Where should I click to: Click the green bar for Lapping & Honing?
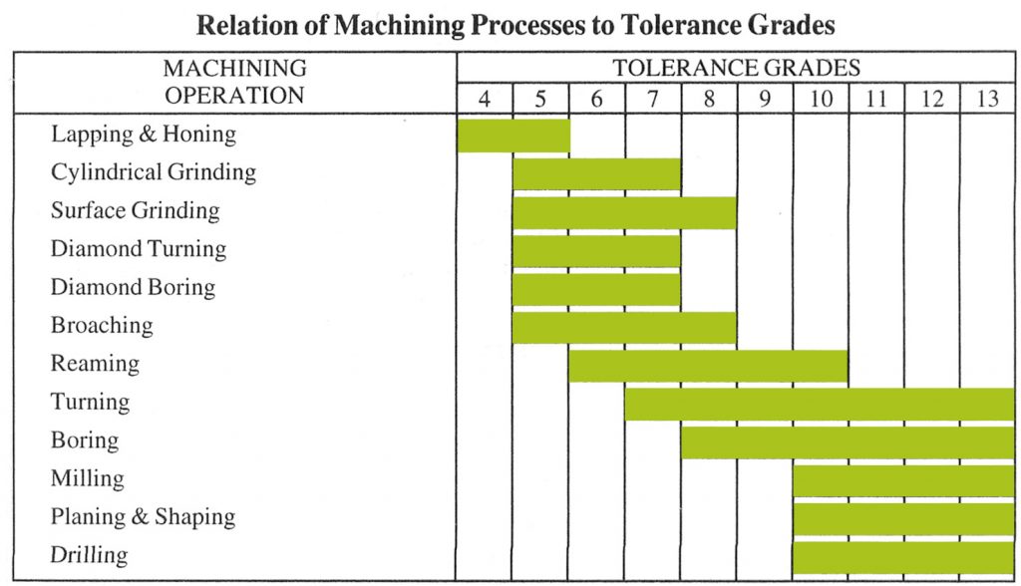point(512,135)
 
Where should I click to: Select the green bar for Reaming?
point(708,365)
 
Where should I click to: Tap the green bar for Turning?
point(820,404)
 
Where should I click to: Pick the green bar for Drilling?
point(903,556)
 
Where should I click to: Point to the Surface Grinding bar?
point(624,212)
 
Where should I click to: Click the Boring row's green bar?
point(848,441)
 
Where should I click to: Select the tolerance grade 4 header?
point(485,99)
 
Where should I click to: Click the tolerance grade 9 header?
point(765,99)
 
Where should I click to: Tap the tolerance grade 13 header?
point(987,99)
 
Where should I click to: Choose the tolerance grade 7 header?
point(653,99)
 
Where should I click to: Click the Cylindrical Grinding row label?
point(154,172)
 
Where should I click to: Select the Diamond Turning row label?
point(139,249)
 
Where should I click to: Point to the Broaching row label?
point(102,326)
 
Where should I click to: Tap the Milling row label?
point(88,479)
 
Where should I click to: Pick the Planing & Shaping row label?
point(143,517)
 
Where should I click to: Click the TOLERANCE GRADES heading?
point(736,69)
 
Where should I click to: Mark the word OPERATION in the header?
point(234,96)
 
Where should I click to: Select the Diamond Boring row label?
point(133,288)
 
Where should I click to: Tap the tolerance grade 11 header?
point(876,99)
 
